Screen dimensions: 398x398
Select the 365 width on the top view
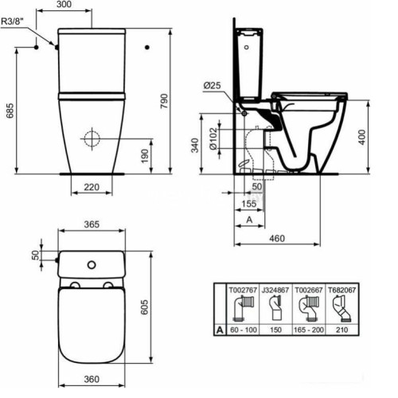point(92,225)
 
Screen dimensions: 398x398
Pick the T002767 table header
point(241,291)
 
